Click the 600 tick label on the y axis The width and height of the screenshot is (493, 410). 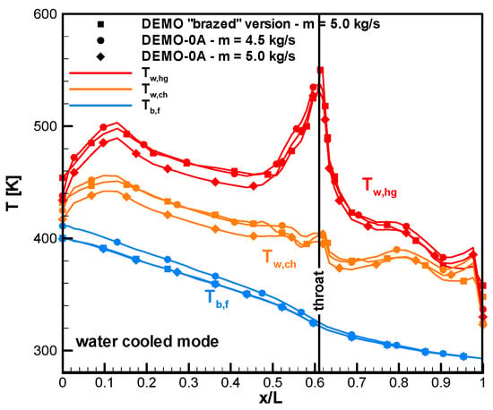pos(45,14)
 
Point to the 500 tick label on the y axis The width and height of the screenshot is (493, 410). pos(45,126)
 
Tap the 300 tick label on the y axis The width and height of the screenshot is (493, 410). pos(45,350)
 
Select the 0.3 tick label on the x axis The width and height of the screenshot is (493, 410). pos(188,383)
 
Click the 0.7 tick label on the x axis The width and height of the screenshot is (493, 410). pos(357,383)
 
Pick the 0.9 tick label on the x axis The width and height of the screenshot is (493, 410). pos(441,383)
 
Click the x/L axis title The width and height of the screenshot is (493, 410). pos(271,398)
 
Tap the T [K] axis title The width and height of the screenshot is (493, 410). pos(13,193)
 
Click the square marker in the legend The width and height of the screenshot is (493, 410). pos(100,24)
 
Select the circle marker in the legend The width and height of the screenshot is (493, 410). pos(100,40)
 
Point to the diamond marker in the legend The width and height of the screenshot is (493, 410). pos(100,56)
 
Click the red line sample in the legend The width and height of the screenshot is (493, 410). pos(100,73)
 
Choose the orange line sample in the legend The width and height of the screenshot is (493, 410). pos(100,90)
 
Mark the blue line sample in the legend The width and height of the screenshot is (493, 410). pos(100,105)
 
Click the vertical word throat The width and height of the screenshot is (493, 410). pos(319,290)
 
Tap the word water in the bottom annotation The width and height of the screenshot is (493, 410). pos(96,342)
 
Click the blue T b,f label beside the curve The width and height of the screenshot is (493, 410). pos(217,298)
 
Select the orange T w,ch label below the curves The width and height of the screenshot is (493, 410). pos(280,259)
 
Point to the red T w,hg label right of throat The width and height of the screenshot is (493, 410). pos(379,187)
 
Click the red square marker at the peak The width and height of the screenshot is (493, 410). pos(320,70)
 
